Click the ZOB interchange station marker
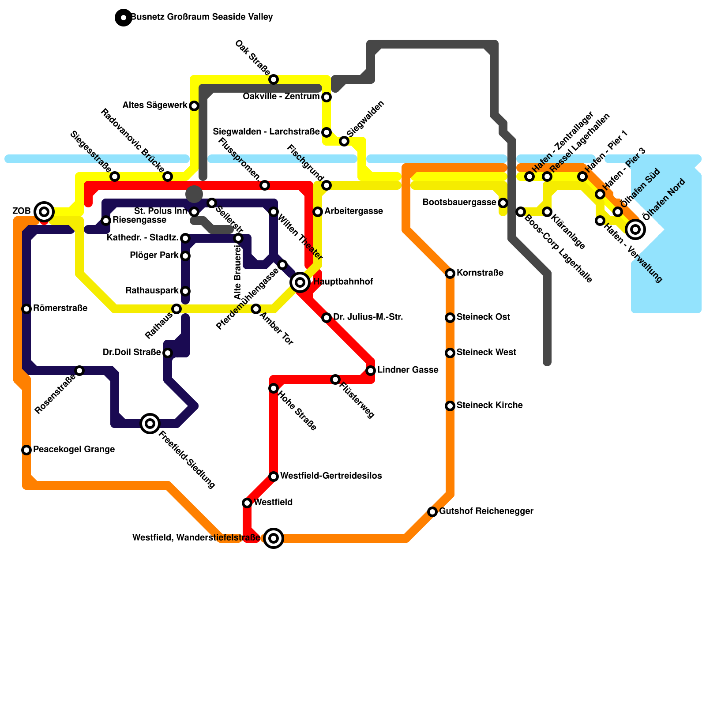click(44, 212)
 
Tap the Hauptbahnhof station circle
click(300, 282)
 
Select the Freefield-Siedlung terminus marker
click(150, 424)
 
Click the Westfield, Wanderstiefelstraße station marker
click(274, 538)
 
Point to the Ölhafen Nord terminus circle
click(635, 229)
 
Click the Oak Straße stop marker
click(274, 79)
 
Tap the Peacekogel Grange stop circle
click(26, 450)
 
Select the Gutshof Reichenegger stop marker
click(432, 512)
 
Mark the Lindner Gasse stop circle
click(371, 370)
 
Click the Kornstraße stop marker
click(450, 274)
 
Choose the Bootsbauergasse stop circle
click(503, 203)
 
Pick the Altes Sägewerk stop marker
click(194, 106)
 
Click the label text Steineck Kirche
click(490, 405)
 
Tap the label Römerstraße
click(60, 308)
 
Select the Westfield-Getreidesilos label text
click(331, 476)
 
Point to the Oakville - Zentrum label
click(281, 96)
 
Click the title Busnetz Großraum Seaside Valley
click(202, 17)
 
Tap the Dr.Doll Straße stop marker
click(168, 353)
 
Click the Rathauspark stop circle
click(185, 291)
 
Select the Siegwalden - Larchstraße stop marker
click(327, 132)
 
